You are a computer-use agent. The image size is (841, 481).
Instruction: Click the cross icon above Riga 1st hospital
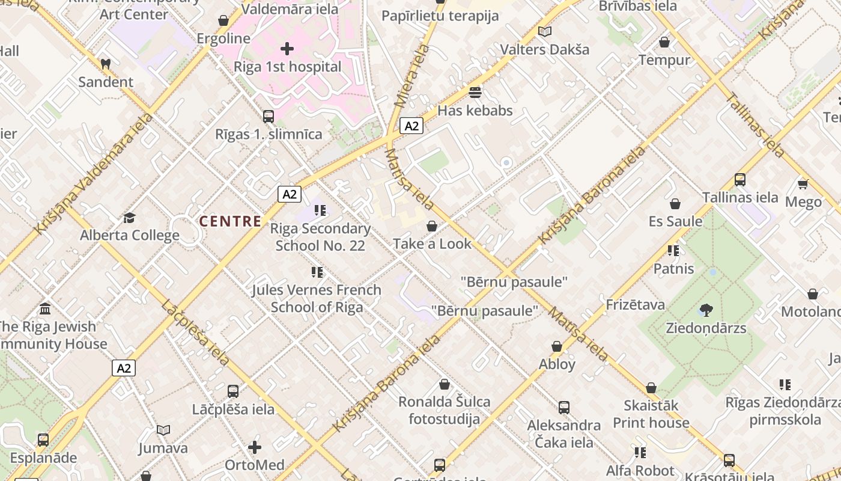tap(287, 48)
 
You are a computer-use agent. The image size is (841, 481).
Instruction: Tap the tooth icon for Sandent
tap(106, 63)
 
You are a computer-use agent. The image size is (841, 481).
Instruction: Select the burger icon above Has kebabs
tap(475, 93)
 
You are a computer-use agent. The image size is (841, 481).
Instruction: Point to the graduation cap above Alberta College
tap(129, 217)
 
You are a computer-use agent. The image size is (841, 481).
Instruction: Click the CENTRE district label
tap(231, 221)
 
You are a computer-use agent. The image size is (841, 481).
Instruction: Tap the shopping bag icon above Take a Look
tap(431, 226)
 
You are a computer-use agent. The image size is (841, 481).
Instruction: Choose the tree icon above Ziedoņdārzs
tap(706, 310)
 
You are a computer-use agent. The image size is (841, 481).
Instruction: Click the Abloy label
tap(557, 364)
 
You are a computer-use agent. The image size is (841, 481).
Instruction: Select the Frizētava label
tap(635, 305)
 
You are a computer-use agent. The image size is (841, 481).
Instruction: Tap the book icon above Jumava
tap(163, 430)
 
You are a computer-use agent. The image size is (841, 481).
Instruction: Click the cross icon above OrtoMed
tap(255, 447)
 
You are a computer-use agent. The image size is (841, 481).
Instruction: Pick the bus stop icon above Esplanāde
tap(43, 440)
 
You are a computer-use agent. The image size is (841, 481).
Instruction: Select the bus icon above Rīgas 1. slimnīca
tap(269, 116)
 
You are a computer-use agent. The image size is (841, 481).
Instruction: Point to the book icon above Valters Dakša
tap(545, 31)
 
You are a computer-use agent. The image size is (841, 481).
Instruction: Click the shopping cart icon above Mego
tap(803, 183)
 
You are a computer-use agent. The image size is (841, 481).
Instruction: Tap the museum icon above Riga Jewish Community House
tap(45, 309)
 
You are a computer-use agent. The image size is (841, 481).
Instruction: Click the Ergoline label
tap(223, 38)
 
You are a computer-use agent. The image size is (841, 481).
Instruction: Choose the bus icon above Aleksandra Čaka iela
tap(563, 408)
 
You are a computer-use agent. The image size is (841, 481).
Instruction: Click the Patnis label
tap(673, 269)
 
